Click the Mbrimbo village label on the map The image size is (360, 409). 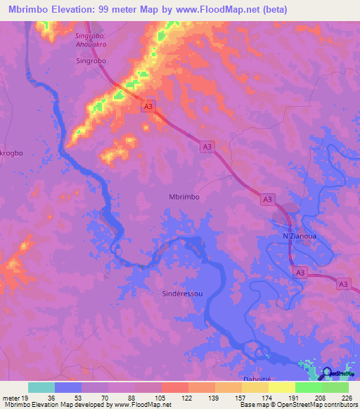(x=184, y=197)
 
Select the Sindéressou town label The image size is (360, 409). (x=183, y=296)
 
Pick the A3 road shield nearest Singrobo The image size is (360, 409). (x=148, y=106)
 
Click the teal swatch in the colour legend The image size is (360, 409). (x=41, y=387)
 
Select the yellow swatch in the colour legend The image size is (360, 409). (x=282, y=387)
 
